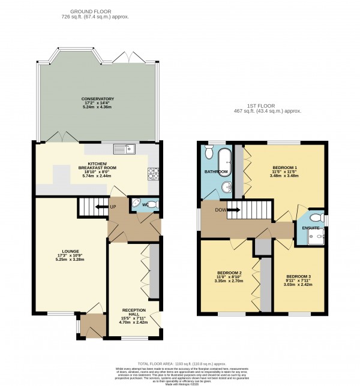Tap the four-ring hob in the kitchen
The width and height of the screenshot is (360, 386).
(152, 173)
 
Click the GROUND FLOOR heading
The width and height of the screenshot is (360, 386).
(99, 11)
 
